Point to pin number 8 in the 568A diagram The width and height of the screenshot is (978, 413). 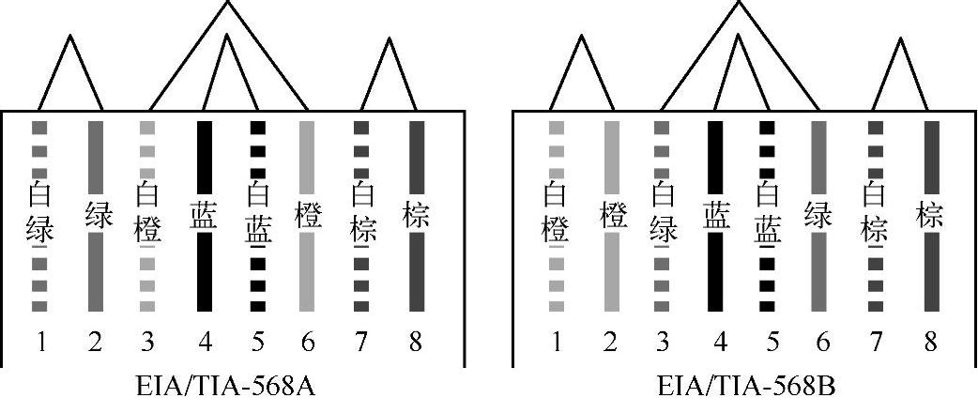point(416,342)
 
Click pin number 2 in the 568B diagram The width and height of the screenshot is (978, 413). point(611,342)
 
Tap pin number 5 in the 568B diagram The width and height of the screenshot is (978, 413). point(772,342)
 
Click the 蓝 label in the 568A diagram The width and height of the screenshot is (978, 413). point(204,215)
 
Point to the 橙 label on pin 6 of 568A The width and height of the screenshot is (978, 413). point(308,215)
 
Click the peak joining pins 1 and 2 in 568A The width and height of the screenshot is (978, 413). point(69,38)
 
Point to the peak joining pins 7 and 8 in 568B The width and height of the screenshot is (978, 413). point(901,39)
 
